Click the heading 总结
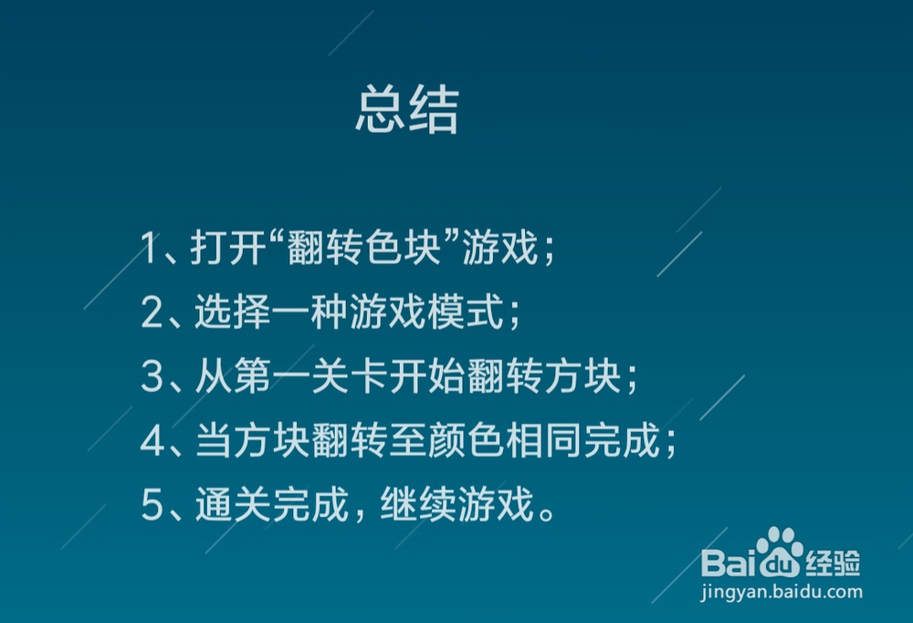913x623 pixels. pos(406,111)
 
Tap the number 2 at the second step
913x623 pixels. pos(152,313)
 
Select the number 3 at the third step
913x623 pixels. pos(152,378)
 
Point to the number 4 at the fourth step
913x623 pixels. pos(152,443)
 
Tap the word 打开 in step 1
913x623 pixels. pos(226,248)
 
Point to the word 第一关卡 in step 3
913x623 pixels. pos(291,378)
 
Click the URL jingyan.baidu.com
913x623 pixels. pos(781,592)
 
